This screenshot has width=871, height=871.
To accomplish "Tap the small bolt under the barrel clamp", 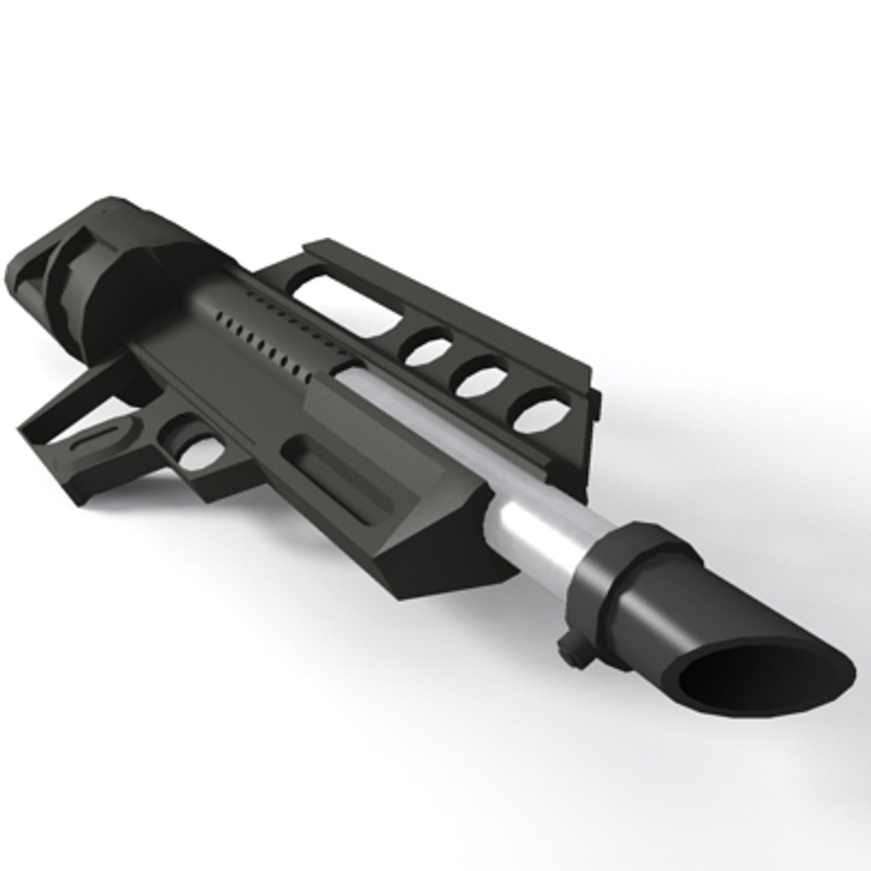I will pos(572,654).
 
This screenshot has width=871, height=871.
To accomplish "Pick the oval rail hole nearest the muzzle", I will pos(541,411).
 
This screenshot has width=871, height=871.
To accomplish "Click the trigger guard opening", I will pos(194,452).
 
